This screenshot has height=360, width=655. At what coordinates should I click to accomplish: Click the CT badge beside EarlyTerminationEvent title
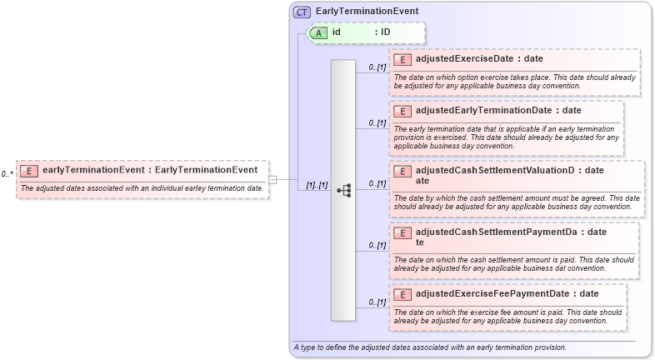[x=302, y=12]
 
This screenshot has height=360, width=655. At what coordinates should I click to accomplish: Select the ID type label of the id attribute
[x=386, y=32]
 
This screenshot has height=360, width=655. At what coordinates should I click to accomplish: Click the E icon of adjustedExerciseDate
[x=403, y=59]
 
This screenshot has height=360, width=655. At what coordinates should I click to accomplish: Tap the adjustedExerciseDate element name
[x=467, y=59]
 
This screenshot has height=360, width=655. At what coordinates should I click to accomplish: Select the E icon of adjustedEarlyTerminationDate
[x=403, y=111]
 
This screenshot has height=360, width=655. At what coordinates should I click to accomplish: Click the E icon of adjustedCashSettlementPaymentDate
[x=403, y=232]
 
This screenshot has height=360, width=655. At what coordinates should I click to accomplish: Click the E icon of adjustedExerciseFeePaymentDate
[x=403, y=294]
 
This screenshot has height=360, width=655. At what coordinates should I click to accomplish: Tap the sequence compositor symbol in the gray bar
[x=343, y=190]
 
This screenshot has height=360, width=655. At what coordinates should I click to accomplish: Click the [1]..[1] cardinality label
[x=316, y=185]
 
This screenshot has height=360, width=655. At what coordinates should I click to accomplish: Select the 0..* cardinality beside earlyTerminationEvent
[x=7, y=173]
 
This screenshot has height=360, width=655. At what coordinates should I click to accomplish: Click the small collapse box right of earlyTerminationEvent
[x=272, y=178]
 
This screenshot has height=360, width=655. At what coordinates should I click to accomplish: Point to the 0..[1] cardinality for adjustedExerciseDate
[x=377, y=67]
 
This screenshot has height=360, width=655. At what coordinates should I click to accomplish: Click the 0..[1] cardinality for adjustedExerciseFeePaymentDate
[x=377, y=302]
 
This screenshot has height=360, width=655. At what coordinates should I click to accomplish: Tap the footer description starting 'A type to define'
[x=430, y=347]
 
